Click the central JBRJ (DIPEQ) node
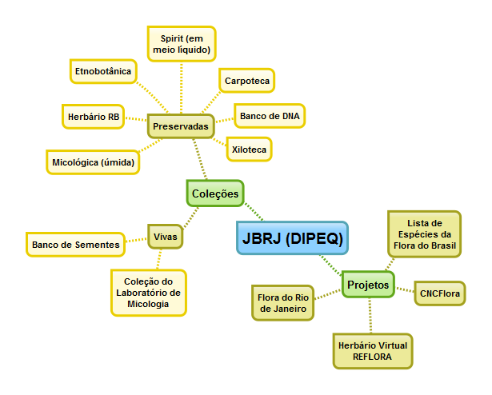tap(293, 237)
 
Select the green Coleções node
tap(214, 193)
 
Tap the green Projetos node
tap(368, 284)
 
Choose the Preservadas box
tap(181, 126)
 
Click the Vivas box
tap(165, 237)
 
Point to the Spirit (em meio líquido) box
tap(181, 43)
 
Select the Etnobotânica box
tap(102, 71)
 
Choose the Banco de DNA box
tap(270, 116)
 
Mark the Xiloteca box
tap(246, 149)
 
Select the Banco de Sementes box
tap(76, 244)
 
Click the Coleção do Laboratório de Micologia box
tap(149, 293)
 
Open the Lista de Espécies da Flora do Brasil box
tap(424, 233)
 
